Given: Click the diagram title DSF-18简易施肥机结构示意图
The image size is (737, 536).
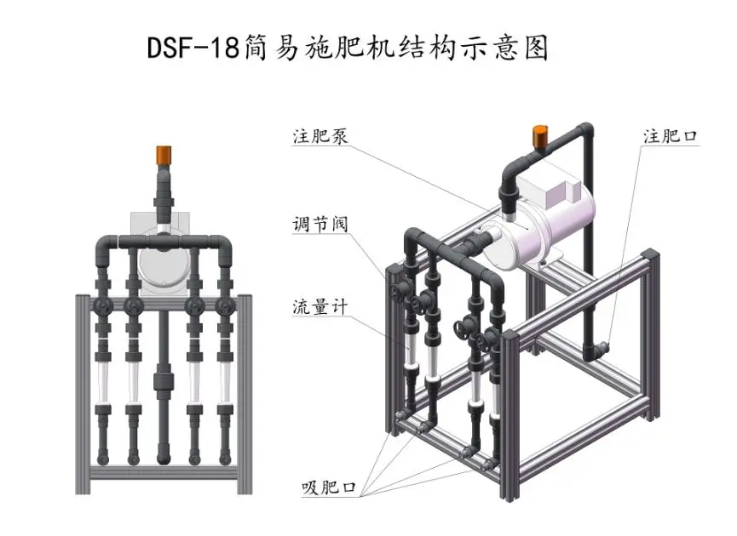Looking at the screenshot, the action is click(348, 47).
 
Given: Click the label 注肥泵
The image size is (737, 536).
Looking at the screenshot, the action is click(320, 136).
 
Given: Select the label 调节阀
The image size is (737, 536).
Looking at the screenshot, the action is click(320, 224).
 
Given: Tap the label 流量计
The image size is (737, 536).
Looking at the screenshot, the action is click(320, 307).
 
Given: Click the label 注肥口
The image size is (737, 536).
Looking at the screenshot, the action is click(671, 136).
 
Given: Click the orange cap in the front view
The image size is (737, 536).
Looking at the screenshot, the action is click(164, 156).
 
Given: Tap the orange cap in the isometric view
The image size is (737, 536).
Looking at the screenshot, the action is click(539, 135).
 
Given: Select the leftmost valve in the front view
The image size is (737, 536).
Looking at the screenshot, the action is click(103, 307).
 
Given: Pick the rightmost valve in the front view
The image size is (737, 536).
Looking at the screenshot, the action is click(225, 307).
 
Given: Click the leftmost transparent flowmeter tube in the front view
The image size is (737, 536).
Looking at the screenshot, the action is click(103, 382).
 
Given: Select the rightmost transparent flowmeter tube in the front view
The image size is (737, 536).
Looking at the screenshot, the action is click(225, 382).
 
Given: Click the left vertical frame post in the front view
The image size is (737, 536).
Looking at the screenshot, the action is click(83, 394).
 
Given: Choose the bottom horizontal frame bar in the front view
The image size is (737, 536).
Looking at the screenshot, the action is click(164, 473).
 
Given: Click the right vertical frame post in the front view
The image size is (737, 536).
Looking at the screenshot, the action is click(245, 394).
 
